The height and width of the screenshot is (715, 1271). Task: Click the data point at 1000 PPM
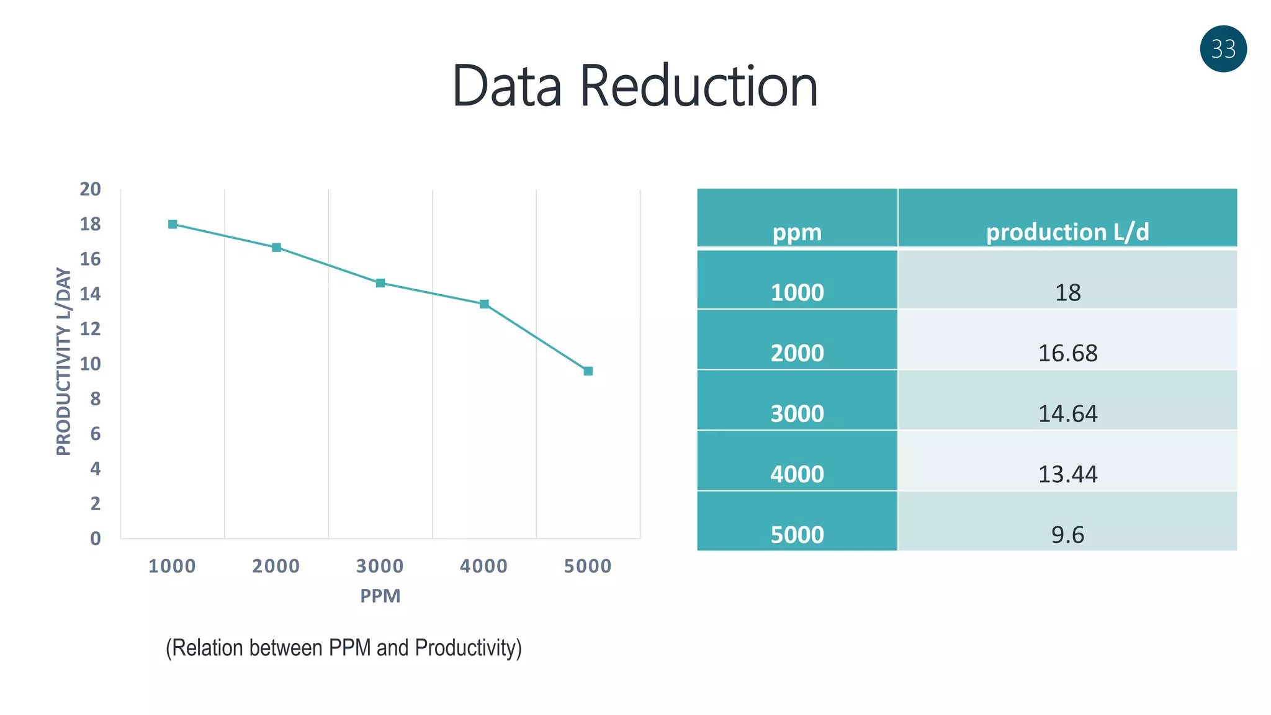coord(173,224)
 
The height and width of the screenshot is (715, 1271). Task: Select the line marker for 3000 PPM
coord(380,283)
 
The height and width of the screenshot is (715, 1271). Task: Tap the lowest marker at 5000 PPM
coord(588,371)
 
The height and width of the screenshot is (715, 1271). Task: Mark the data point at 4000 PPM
coord(484,304)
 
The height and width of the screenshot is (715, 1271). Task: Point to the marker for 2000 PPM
coord(277,248)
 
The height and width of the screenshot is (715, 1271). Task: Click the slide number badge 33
coord(1223,49)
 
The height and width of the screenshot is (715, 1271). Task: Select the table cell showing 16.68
coord(1067,353)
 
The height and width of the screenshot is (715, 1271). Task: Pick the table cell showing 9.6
coord(1067,534)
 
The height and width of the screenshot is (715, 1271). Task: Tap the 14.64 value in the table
coord(1067,413)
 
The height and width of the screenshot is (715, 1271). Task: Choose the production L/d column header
coord(1067,232)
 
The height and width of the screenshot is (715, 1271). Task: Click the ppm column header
coord(797,232)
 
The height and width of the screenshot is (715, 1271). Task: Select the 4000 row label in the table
coord(797,474)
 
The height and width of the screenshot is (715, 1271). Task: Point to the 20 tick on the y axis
coord(91,189)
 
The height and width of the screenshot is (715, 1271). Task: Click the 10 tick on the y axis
coord(91,364)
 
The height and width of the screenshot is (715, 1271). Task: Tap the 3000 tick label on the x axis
coord(380,566)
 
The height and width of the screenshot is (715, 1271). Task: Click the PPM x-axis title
coord(380,596)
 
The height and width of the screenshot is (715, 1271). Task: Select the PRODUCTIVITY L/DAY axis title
coord(63,362)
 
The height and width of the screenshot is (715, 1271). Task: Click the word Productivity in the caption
coord(466,648)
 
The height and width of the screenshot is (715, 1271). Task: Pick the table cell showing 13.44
coord(1067,474)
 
